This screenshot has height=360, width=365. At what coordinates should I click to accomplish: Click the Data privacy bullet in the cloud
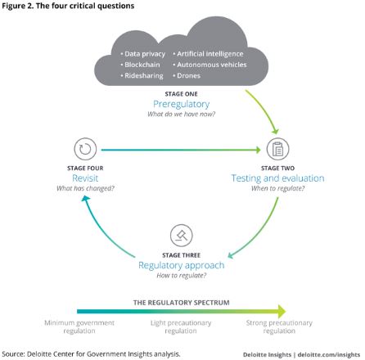tap(143, 54)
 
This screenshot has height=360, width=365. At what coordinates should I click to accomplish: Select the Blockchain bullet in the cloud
tap(140, 65)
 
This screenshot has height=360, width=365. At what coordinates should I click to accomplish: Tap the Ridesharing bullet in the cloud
tap(142, 75)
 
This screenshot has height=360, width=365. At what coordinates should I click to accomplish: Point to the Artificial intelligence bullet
tap(208, 54)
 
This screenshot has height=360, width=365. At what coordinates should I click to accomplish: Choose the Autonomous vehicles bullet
tap(210, 65)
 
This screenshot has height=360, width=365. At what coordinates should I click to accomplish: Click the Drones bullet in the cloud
tap(187, 75)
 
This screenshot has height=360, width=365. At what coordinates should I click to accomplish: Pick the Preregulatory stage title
tap(182, 104)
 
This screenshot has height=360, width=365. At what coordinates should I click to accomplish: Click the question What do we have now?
tap(182, 114)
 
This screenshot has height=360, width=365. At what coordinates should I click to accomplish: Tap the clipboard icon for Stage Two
tap(277, 149)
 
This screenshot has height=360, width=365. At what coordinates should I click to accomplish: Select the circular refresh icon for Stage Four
tap(85, 149)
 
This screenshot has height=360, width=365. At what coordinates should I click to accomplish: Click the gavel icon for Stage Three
tap(182, 236)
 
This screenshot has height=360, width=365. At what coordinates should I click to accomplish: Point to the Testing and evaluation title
tap(277, 178)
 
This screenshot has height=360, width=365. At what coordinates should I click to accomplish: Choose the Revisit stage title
tap(85, 178)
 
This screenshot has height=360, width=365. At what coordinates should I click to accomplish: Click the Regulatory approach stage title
tap(182, 265)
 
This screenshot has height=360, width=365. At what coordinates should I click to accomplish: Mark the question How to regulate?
tap(182, 276)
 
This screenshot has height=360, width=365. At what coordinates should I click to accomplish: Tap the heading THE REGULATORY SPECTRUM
tap(182, 303)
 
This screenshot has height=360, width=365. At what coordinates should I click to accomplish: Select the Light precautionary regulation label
tap(181, 326)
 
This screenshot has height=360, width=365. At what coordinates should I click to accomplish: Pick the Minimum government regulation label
tap(79, 326)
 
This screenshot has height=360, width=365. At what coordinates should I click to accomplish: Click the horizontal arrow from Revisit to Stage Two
tap(181, 150)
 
